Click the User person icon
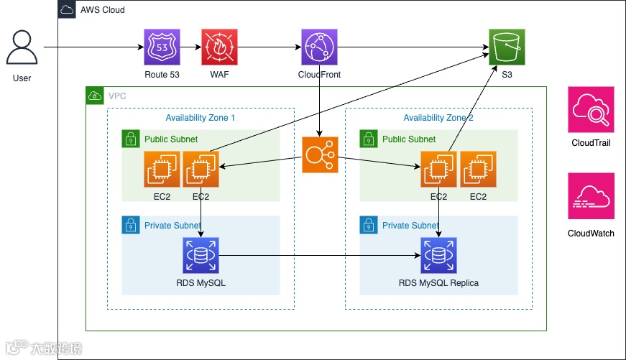coord(22,48)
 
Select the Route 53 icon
coord(162,47)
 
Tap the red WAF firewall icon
coord(219,47)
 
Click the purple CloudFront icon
coord(319,47)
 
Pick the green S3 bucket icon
coord(507,47)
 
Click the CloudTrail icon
coord(591,110)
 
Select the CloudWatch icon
coord(591,196)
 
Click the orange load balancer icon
coord(320,155)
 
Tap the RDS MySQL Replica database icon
coord(438,255)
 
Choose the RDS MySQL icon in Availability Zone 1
coord(201,255)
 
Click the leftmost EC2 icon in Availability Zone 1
coord(162,170)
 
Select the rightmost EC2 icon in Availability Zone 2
coord(478,170)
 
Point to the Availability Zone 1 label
coord(200,118)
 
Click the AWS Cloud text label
coord(102,10)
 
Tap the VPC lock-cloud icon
coord(94,95)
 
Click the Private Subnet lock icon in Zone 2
coord(369,225)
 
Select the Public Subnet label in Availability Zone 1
coord(170,139)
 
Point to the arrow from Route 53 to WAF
coord(190,47)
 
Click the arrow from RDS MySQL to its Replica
coord(320,255)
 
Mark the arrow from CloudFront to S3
coord(413,47)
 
